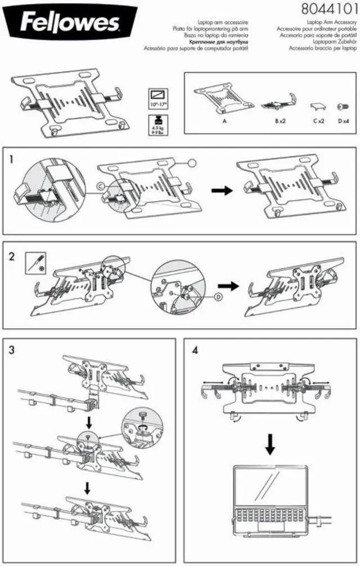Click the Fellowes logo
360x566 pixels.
(x=70, y=23)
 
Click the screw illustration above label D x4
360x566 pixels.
(x=341, y=106)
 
